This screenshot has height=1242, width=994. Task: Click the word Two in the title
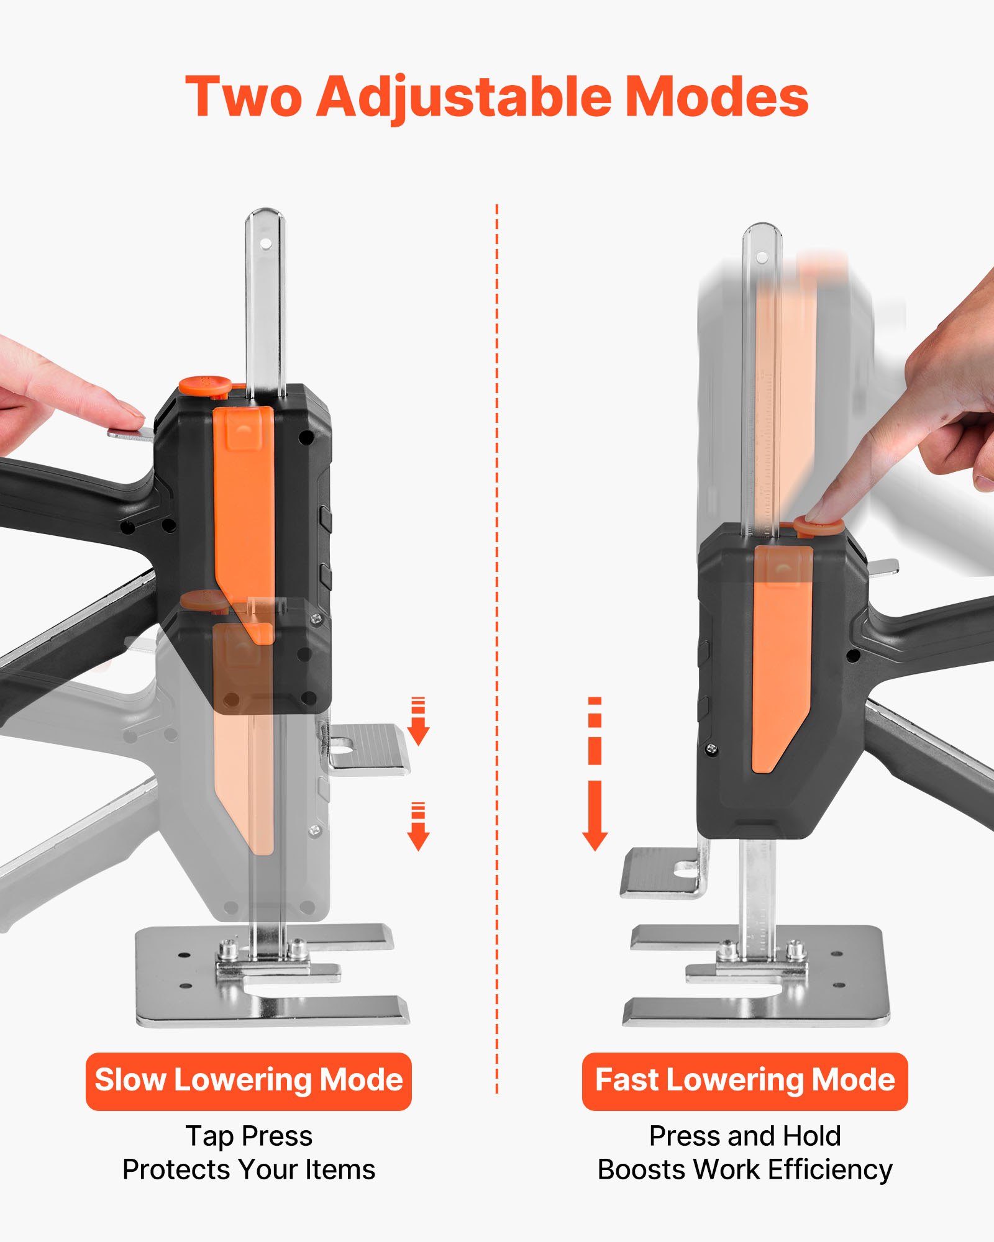pos(244,97)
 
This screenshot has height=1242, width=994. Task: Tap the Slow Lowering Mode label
pos(248,1080)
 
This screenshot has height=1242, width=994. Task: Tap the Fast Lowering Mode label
pos(745,1080)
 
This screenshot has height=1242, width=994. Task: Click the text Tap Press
pos(248,1136)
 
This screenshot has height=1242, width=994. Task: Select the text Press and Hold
pos(745,1136)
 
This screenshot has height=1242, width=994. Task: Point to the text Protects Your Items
pos(248,1169)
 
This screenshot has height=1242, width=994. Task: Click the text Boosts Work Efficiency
pos(745,1169)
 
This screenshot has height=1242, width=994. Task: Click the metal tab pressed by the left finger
pos(130,433)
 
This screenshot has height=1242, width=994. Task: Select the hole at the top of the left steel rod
pos(265,244)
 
